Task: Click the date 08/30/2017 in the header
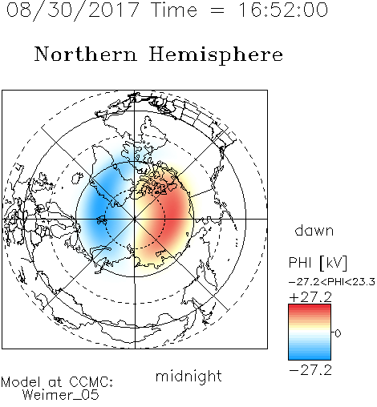click(73, 10)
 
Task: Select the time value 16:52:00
click(283, 10)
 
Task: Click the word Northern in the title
click(86, 54)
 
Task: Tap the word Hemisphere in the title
click(216, 55)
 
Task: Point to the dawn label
click(314, 230)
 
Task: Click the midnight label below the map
click(188, 377)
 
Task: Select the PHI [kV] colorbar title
click(318, 263)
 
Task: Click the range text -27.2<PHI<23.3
click(332, 282)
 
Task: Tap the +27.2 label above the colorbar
click(310, 297)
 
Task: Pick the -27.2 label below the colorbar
click(310, 370)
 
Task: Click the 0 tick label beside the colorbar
click(338, 333)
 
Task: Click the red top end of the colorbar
click(310, 307)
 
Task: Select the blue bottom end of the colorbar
click(310, 357)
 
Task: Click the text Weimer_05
click(61, 395)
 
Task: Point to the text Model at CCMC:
click(57, 382)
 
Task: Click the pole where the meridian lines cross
click(135, 219)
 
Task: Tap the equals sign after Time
click(217, 10)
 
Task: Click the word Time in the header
click(174, 10)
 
